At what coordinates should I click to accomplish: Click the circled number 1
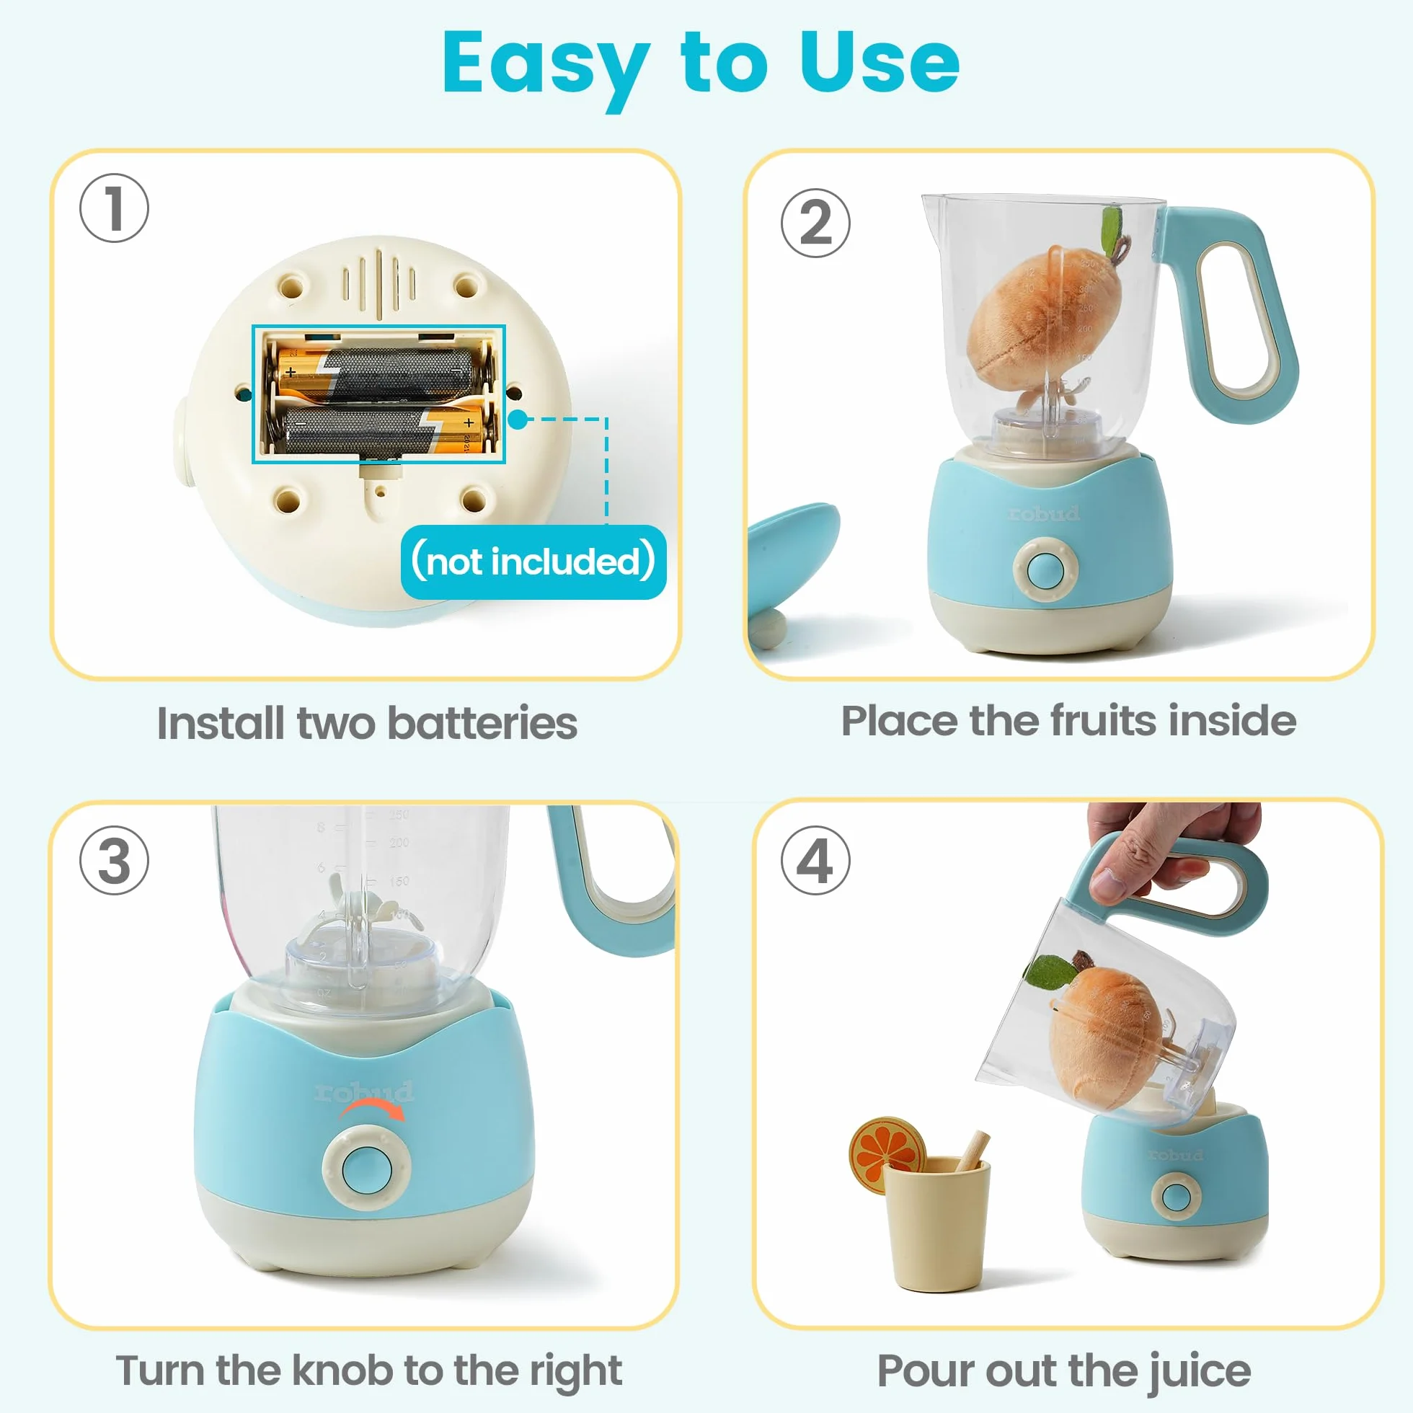(x=114, y=208)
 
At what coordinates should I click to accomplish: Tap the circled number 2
(x=815, y=222)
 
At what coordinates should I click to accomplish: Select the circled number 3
(x=114, y=860)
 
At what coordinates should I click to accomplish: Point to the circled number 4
(x=815, y=860)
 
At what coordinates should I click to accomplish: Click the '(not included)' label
(x=533, y=562)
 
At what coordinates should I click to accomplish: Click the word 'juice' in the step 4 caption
(x=1199, y=1370)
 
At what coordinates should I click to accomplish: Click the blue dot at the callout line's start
(x=518, y=419)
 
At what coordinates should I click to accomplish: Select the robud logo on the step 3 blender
(x=363, y=1091)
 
